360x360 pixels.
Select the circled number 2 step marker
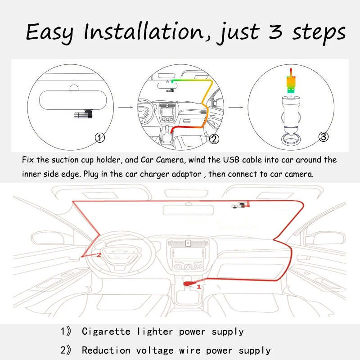click(x=214, y=139)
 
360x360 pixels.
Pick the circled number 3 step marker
click(x=323, y=137)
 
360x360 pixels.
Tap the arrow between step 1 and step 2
click(x=126, y=108)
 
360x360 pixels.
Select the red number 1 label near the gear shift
click(x=198, y=285)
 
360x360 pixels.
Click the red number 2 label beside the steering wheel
click(x=99, y=254)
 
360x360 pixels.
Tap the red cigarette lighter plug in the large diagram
click(x=188, y=283)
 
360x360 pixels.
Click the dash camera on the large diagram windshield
click(x=238, y=206)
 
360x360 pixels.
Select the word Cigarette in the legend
click(x=105, y=332)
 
